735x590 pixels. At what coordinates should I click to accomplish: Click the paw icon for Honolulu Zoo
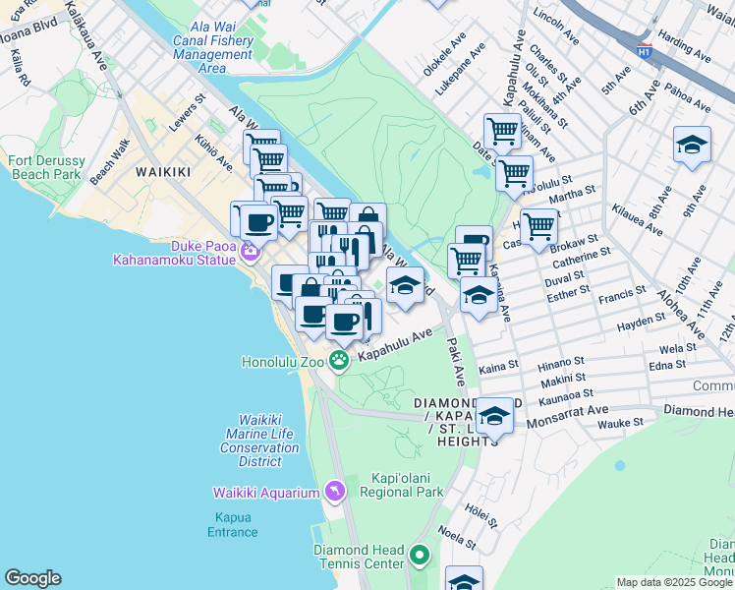click(338, 361)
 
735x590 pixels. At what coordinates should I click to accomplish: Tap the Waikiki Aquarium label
click(267, 492)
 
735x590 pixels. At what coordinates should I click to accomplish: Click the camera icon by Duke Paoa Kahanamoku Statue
click(250, 251)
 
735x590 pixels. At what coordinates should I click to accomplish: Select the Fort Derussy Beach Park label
click(45, 167)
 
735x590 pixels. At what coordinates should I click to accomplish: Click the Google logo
click(32, 578)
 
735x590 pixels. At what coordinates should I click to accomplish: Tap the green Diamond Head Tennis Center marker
click(420, 557)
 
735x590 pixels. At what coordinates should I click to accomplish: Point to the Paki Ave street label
click(456, 361)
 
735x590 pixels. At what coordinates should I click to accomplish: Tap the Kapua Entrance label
click(232, 524)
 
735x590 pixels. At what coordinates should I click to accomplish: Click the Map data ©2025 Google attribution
click(673, 582)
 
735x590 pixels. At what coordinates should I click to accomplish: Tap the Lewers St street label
click(185, 113)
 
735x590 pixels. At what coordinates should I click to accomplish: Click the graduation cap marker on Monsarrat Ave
click(494, 416)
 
